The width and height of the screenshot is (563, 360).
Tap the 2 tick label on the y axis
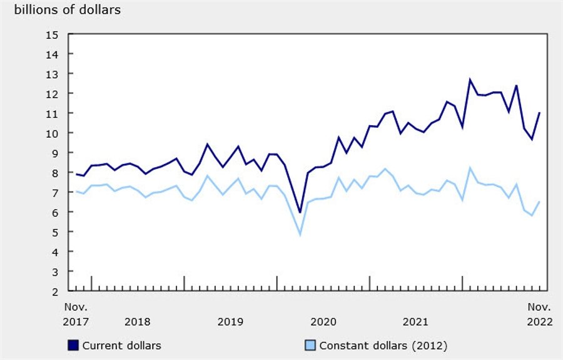[55, 291]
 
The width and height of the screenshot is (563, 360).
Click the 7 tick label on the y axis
[55, 193]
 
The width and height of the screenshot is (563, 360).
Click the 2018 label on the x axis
[137, 322]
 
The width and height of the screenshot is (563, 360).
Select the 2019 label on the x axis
[230, 322]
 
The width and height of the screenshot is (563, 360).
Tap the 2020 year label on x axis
[323, 322]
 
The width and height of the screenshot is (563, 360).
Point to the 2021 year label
[415, 322]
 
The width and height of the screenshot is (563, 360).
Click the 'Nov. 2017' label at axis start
[76, 314]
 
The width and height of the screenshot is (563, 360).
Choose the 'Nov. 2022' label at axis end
[539, 314]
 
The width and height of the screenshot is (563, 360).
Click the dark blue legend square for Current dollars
[73, 345]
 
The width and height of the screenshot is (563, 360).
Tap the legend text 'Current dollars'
[121, 345]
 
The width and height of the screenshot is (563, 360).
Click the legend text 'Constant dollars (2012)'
[383, 345]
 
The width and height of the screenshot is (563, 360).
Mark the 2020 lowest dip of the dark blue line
[300, 212]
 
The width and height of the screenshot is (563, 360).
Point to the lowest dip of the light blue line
[300, 235]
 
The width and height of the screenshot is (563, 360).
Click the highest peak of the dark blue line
[470, 80]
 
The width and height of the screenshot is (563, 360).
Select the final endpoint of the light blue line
[539, 202]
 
